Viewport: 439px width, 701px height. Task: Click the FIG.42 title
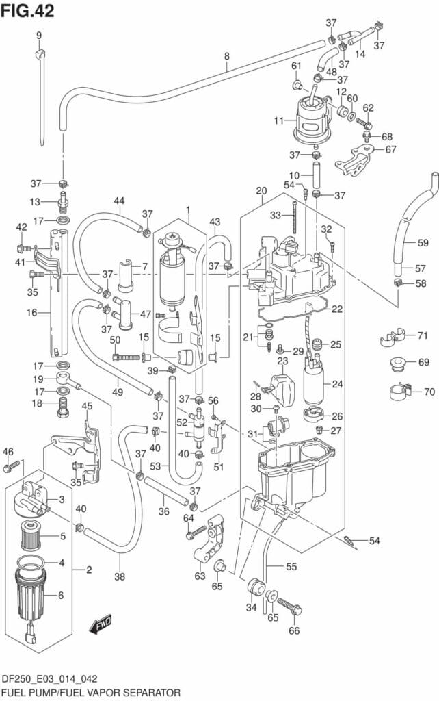pos(27,11)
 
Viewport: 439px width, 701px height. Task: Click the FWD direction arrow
pos(101,624)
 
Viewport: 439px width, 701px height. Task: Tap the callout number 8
pos(227,56)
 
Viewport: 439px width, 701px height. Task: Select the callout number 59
pos(423,243)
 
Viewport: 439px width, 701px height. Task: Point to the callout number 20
pos(261,191)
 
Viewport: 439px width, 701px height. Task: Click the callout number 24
pos(337,383)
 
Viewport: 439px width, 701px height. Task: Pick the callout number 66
pos(294,630)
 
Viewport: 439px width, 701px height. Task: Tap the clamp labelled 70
pos(400,392)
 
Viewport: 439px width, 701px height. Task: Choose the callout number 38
pos(120,576)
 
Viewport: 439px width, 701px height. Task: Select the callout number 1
pos(189,209)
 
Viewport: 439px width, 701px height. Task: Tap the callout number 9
pos(39,36)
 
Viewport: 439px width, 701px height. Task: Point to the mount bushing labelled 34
pos(256,587)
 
